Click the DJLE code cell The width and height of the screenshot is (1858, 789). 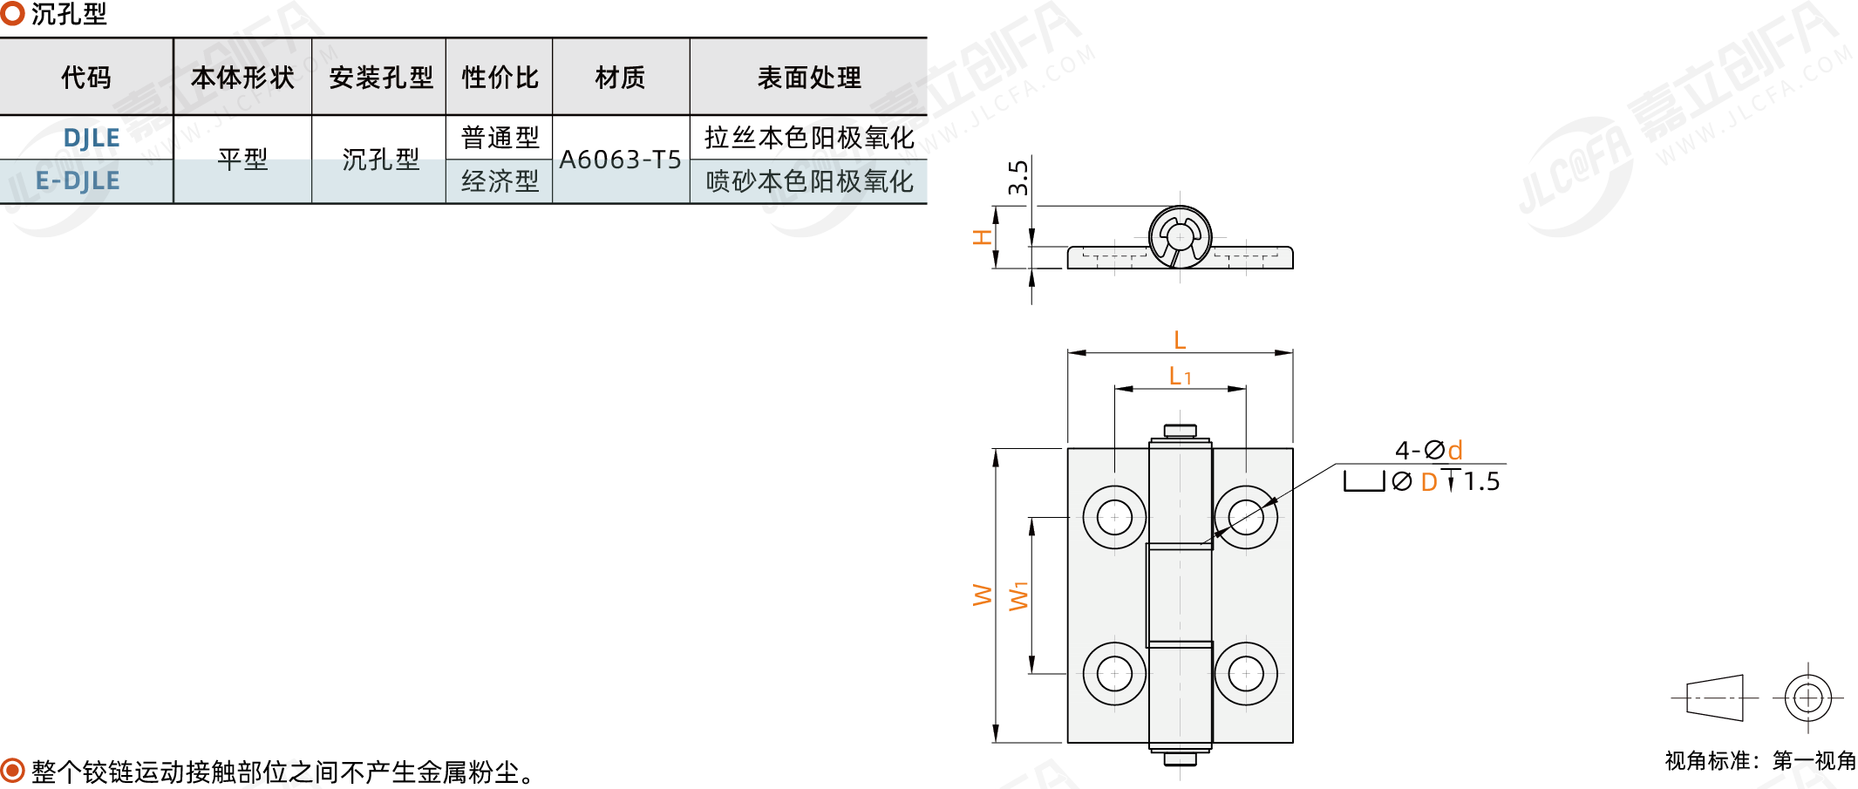(x=91, y=138)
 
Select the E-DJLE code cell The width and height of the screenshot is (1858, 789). (x=78, y=180)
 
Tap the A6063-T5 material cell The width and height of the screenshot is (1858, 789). (x=620, y=160)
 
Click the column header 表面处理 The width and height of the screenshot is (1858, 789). (x=809, y=78)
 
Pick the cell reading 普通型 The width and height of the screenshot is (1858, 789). (x=500, y=138)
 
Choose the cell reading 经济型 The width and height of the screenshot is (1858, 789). (x=500, y=181)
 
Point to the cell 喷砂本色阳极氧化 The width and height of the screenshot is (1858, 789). (x=809, y=181)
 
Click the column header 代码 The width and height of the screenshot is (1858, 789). (x=86, y=78)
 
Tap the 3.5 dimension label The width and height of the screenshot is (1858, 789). (x=1017, y=177)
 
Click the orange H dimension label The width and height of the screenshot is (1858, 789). (x=983, y=237)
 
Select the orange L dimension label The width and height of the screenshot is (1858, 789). (x=1180, y=340)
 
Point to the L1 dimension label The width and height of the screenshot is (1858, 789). (x=1180, y=376)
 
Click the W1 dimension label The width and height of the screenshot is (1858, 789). (x=1018, y=595)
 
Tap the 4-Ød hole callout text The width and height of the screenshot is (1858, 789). (x=1429, y=450)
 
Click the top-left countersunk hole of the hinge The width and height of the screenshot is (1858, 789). (x=1114, y=517)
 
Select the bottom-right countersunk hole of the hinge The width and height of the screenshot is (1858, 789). (x=1246, y=673)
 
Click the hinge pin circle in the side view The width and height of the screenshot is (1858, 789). (x=1180, y=236)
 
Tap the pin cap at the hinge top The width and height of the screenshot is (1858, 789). (x=1180, y=431)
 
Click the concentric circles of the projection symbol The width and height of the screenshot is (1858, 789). (x=1807, y=698)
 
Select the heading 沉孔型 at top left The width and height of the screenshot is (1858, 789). (x=69, y=14)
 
